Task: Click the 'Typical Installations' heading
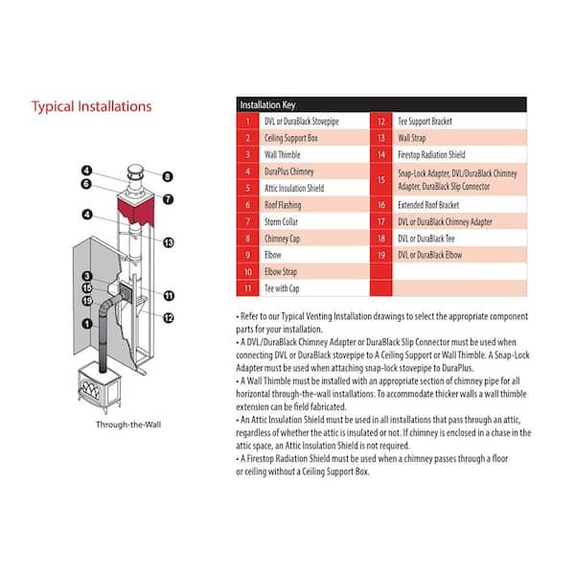pos(91,106)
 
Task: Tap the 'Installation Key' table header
pos(267,104)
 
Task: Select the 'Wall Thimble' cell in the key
pos(283,154)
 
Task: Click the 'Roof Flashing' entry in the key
pos(283,205)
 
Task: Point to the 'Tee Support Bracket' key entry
pos(425,122)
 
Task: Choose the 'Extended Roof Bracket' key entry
pos(428,205)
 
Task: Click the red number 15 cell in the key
pos(381,180)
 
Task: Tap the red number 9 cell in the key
pos(248,255)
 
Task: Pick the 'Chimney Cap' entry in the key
pos(282,239)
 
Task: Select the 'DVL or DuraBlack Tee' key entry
pos(426,239)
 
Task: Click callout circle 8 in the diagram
pos(167,176)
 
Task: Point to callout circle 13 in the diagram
pos(169,242)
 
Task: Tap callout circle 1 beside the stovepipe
pos(87,324)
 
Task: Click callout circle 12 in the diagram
pos(169,318)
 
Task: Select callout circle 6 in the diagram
pos(86,184)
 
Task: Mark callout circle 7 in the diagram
pos(168,199)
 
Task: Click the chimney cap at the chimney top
pos(136,172)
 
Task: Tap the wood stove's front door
pos(90,390)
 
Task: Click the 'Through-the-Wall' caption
pos(128,425)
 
